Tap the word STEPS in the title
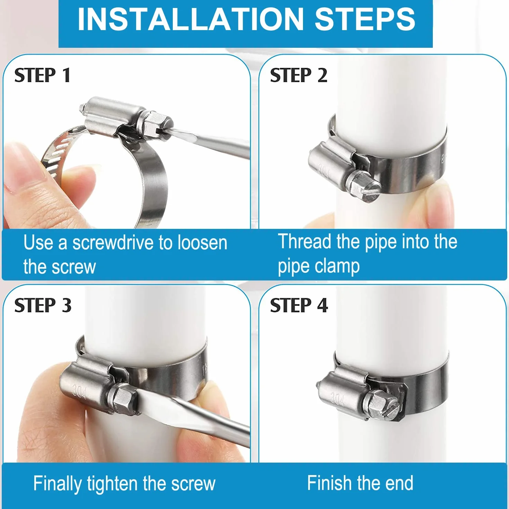click(x=365, y=19)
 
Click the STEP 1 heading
click(x=43, y=75)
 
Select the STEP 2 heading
click(x=299, y=75)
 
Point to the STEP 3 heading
click(x=43, y=305)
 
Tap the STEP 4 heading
click(x=299, y=305)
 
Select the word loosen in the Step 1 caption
click(x=202, y=242)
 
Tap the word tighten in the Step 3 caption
click(x=113, y=484)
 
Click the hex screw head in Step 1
click(x=156, y=124)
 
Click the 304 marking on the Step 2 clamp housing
click(x=323, y=170)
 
